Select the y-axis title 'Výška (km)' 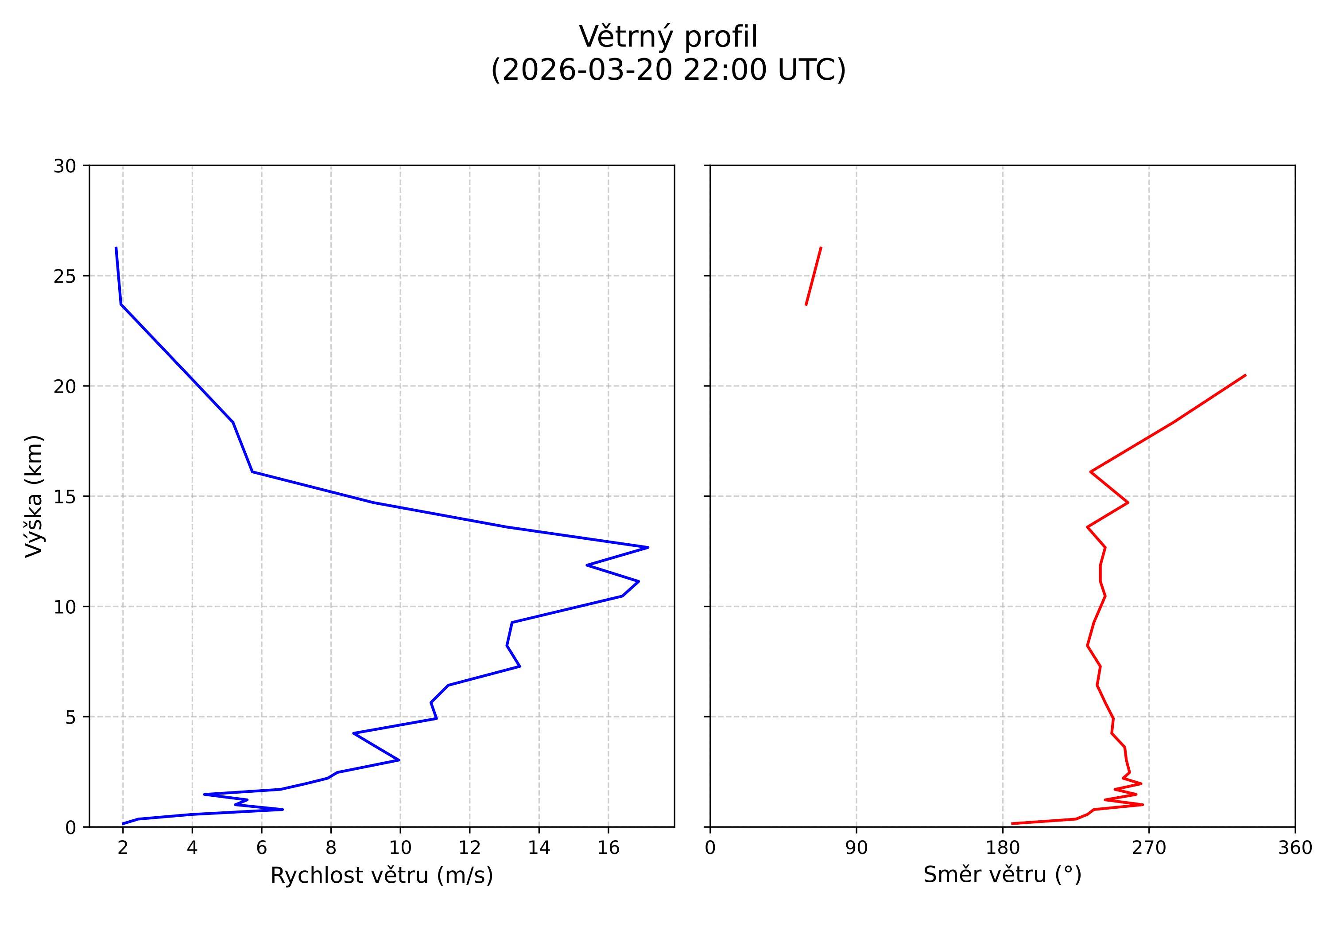point(34,496)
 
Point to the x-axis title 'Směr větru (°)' point(1002,874)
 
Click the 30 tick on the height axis point(65,167)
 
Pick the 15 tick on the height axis point(65,497)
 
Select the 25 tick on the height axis point(65,277)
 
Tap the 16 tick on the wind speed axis point(608,848)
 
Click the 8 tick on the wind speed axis point(331,848)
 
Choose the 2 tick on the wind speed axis point(122,848)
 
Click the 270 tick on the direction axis point(1149,848)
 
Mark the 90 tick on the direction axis point(856,848)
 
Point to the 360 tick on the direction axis point(1295,848)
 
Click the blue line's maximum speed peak point(647,548)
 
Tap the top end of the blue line point(116,248)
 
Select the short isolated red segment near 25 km point(814,276)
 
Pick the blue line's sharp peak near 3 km point(399,760)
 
